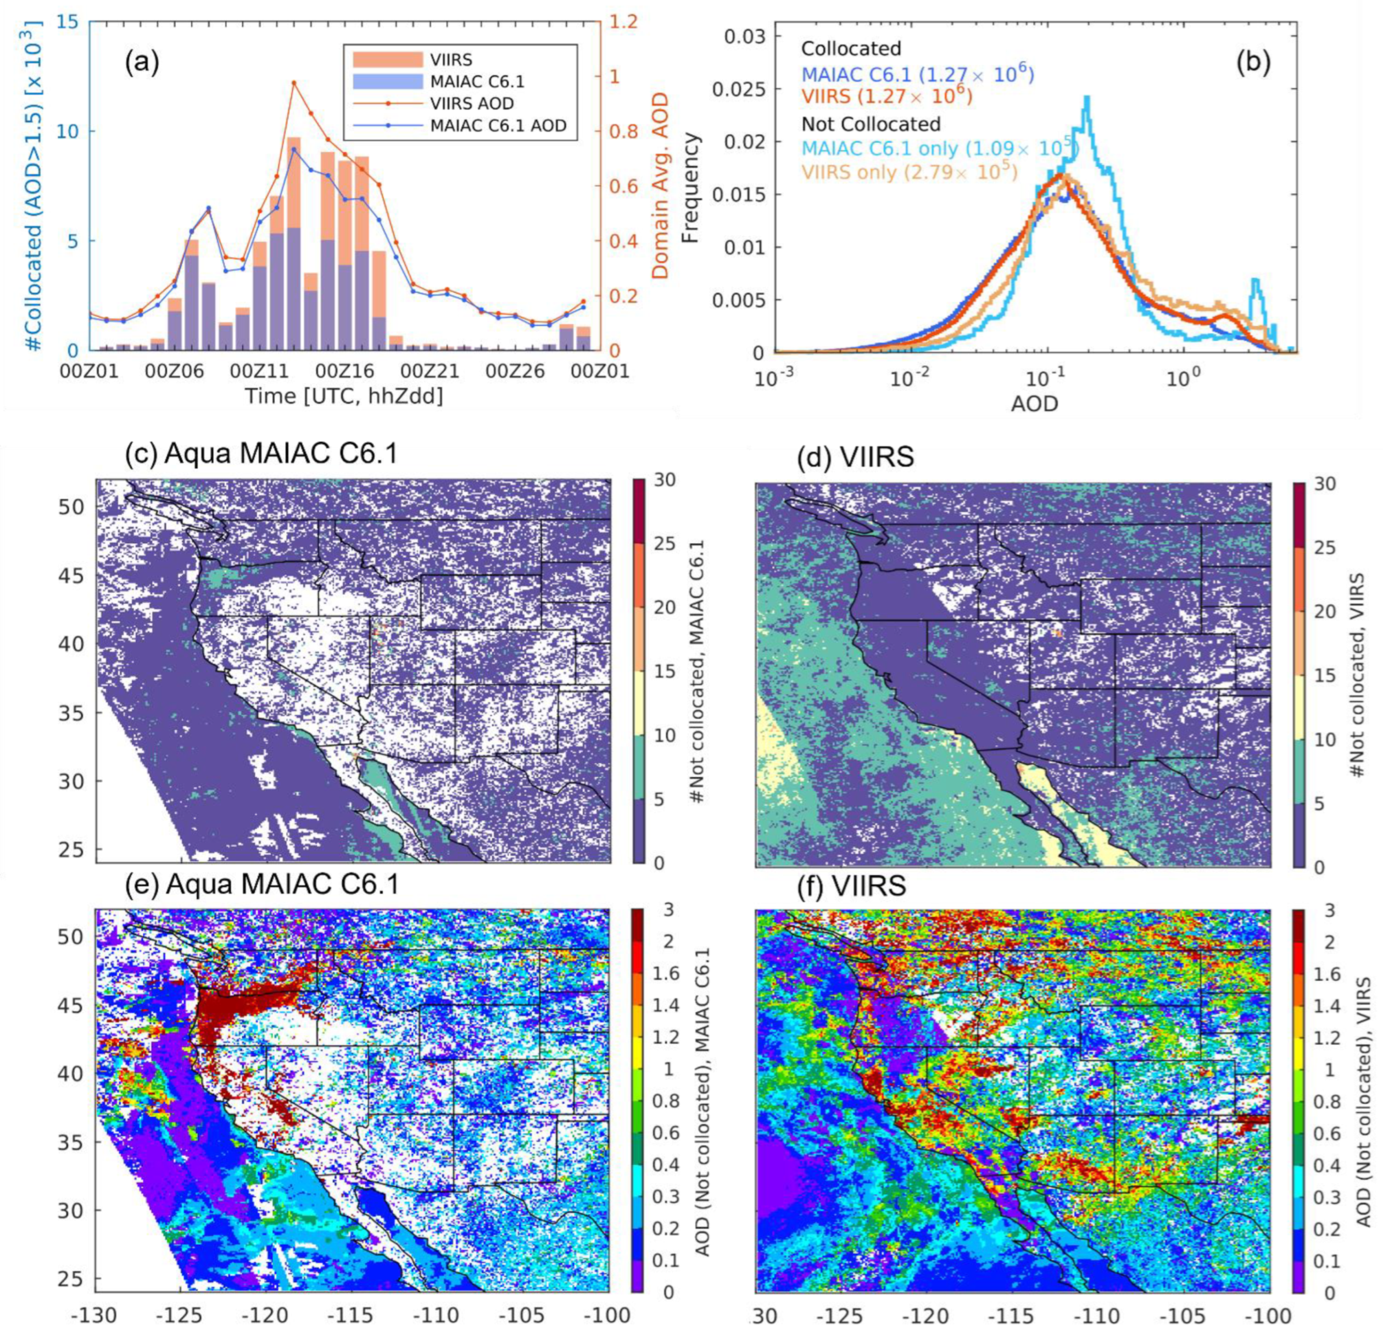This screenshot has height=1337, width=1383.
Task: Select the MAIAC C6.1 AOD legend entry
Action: point(498,126)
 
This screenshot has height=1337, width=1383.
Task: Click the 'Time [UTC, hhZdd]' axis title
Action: point(344,396)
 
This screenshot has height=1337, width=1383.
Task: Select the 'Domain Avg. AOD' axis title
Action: point(659,187)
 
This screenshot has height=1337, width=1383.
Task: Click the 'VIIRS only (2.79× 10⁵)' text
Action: point(909,171)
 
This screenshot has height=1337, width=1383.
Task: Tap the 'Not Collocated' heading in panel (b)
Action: point(871,124)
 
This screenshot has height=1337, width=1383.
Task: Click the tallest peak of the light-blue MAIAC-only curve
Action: point(1088,98)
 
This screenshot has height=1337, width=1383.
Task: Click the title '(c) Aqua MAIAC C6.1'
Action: point(260,454)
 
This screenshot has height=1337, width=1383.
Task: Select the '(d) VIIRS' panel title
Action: point(855,457)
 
